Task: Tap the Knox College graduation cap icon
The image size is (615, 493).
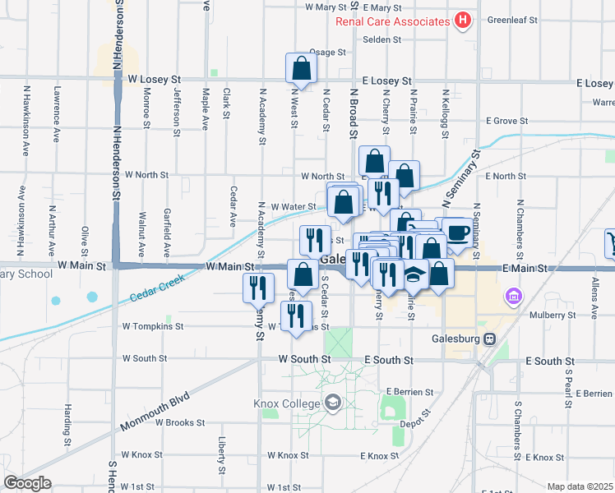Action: [332, 402]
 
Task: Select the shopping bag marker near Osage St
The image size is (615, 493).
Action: [301, 68]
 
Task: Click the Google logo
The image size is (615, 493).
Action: [27, 483]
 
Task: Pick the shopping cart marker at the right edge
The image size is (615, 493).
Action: [611, 242]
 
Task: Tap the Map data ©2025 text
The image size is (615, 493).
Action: [580, 486]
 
